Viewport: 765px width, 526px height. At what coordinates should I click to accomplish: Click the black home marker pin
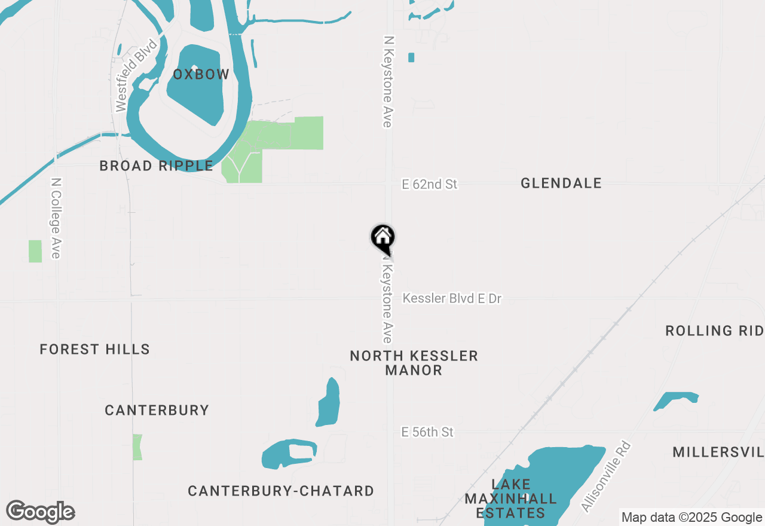pos(383,238)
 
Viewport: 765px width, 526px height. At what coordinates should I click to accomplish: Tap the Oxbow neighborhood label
pos(201,75)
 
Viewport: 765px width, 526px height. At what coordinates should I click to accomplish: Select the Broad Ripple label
pos(156,166)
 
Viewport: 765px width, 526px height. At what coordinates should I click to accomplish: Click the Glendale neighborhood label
pos(561,184)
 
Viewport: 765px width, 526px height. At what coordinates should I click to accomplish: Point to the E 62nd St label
pos(430,185)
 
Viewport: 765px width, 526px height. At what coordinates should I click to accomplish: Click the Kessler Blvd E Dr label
pos(452,298)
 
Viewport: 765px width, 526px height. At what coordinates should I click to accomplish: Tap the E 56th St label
pos(428,432)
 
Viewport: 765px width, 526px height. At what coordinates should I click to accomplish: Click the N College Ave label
pos(56,218)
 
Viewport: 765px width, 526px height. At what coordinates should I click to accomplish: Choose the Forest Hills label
pos(95,350)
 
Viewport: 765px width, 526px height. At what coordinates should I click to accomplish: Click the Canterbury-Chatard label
pos(281,491)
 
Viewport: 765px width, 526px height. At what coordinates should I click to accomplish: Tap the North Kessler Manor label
pos(414,363)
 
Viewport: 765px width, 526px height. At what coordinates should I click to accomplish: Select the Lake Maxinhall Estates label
pos(511,498)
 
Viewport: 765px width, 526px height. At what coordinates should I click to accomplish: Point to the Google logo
pos(41,512)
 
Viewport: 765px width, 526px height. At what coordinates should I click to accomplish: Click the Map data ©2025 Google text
pos(691,518)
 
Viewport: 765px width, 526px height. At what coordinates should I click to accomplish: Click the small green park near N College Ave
pos(35,251)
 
